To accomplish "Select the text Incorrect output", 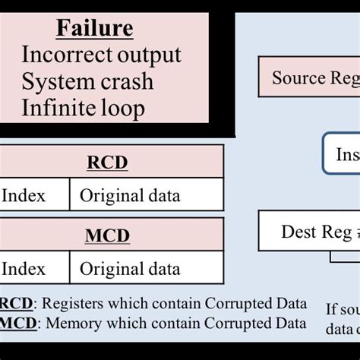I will point(101,55).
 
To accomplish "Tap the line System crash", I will point(87,81).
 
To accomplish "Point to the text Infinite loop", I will point(83,108).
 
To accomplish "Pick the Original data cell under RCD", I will point(130,196).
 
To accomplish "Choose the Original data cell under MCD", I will point(130,269).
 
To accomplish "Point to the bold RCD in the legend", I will point(17,304).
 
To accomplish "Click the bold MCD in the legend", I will point(17,324).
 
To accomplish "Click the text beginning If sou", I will point(343,308).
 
